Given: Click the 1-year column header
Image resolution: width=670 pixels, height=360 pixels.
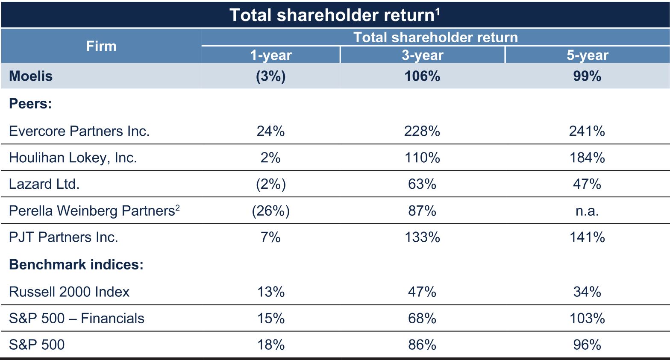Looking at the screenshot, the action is click(271, 56).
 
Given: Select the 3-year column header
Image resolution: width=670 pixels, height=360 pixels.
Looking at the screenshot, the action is click(422, 56).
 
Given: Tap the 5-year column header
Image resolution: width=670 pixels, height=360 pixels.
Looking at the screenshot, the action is click(588, 56).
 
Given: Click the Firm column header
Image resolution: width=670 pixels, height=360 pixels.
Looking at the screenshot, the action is click(101, 47).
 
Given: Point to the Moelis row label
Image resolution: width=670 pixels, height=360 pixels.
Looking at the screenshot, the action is click(31, 76).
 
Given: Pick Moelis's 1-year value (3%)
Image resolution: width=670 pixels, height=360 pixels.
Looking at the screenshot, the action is click(271, 76).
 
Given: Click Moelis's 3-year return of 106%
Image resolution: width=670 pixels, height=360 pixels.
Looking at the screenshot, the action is click(422, 76).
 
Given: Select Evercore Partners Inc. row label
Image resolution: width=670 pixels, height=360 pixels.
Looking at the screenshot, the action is click(79, 131).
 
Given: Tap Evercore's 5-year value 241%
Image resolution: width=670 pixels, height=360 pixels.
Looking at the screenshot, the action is click(587, 131).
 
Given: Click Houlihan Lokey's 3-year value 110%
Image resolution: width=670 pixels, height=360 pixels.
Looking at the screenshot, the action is click(422, 158).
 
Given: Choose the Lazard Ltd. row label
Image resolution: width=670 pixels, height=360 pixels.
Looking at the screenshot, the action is click(44, 184).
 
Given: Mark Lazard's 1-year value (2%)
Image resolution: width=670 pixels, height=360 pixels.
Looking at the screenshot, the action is click(271, 184).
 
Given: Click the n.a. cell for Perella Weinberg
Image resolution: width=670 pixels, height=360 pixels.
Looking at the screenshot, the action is click(587, 211).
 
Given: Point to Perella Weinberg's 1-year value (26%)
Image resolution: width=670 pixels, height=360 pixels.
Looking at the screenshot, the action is click(271, 211).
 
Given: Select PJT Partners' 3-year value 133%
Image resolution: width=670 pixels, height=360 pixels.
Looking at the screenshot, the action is click(422, 237).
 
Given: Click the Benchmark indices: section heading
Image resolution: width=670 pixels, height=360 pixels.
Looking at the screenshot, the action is click(76, 265).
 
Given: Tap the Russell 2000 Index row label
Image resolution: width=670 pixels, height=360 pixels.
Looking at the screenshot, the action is click(69, 292).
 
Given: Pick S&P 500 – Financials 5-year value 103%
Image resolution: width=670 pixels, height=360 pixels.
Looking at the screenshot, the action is click(587, 318).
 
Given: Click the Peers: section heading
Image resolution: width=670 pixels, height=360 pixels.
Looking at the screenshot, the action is click(30, 104).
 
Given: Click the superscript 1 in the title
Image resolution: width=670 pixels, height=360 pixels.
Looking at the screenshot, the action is click(438, 12).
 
